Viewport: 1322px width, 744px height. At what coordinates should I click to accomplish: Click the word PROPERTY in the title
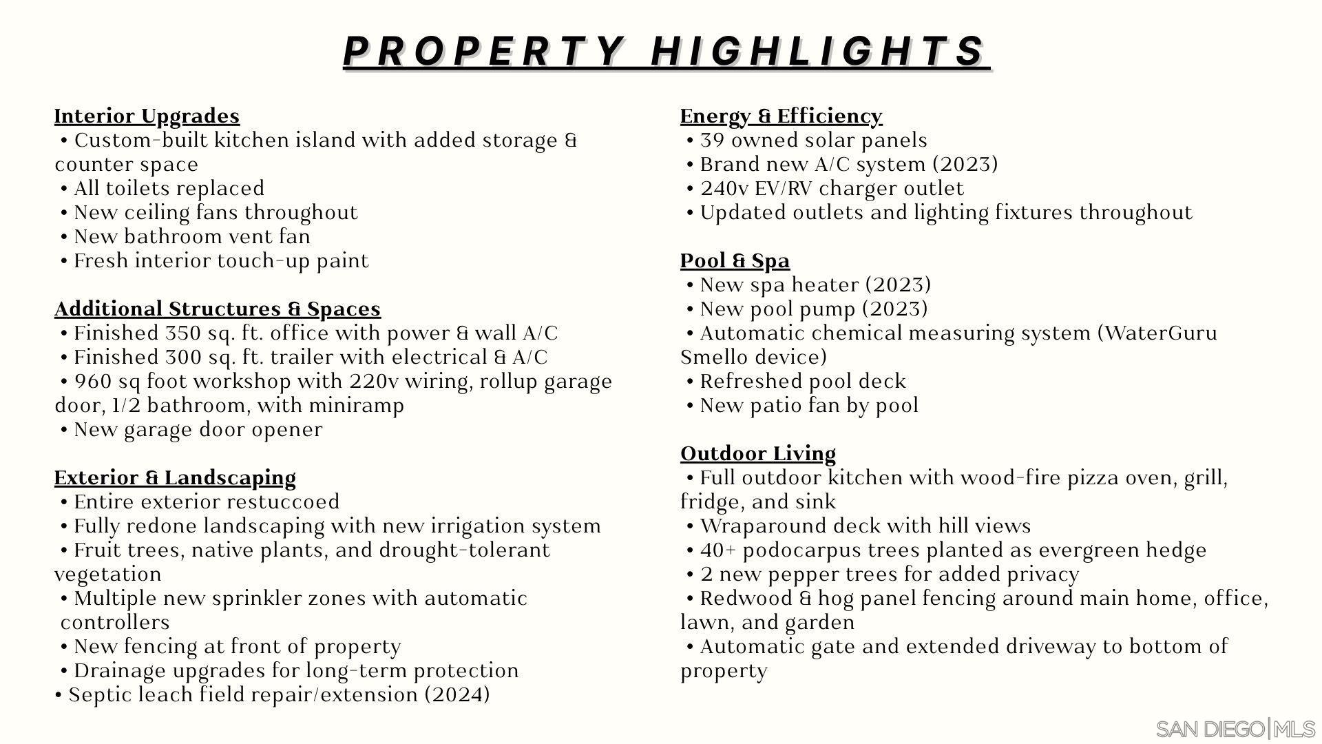tap(483, 51)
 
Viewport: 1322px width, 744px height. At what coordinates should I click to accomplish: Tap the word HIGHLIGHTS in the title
tap(819, 51)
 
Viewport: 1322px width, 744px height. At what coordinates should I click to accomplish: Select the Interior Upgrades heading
tap(147, 116)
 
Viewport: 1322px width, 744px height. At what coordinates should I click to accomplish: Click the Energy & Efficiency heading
tap(781, 116)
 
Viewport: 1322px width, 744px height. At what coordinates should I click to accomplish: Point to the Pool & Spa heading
tap(735, 260)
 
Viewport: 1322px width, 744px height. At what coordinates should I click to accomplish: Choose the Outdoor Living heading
tap(757, 453)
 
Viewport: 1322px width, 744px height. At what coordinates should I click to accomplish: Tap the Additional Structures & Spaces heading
tap(217, 309)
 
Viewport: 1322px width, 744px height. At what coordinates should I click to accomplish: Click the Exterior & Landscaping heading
tap(175, 477)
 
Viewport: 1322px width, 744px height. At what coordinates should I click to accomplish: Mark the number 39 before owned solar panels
tap(712, 141)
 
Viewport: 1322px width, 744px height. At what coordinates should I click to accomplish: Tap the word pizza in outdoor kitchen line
tap(1093, 478)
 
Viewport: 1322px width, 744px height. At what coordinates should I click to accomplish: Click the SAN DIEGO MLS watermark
tap(1235, 729)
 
